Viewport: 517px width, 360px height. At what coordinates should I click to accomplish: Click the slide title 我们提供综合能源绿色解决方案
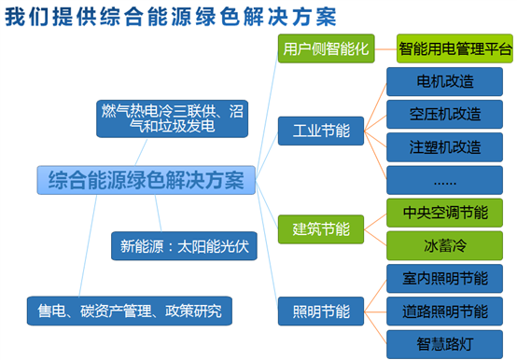click(x=174, y=17)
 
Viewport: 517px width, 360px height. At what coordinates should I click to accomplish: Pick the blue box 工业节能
click(x=321, y=131)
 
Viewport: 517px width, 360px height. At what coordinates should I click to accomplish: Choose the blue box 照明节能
click(x=321, y=311)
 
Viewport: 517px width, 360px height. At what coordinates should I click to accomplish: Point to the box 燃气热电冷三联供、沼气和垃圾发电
click(x=160, y=118)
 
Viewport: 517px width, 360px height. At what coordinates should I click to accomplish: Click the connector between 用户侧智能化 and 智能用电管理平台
click(x=384, y=48)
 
